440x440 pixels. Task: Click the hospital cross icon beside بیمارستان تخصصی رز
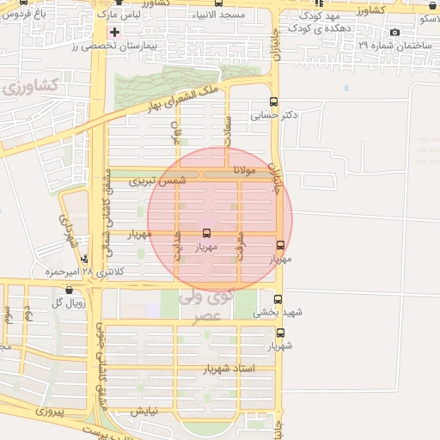coord(114,32)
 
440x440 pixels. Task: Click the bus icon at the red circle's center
coord(205,233)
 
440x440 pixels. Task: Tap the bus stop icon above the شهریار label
coord(280,333)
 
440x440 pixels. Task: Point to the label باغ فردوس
coord(28,15)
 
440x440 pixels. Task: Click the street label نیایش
coord(144,412)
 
